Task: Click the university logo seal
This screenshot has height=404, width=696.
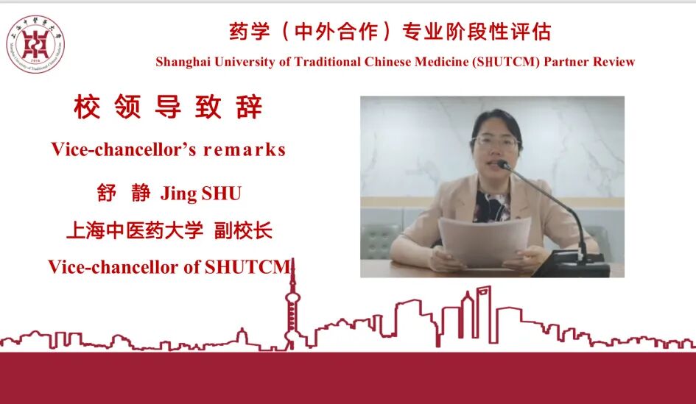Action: pyautogui.click(x=35, y=45)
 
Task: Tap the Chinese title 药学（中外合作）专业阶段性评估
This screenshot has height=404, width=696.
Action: pyautogui.click(x=390, y=32)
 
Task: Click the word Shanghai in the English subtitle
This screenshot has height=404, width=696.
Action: pyautogui.click(x=181, y=62)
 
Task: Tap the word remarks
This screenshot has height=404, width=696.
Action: pyautogui.click(x=245, y=149)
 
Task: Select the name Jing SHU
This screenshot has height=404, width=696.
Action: pyautogui.click(x=201, y=194)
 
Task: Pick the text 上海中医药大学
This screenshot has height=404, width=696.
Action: pyautogui.click(x=134, y=230)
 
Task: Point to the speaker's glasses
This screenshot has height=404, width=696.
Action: pyautogui.click(x=495, y=142)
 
